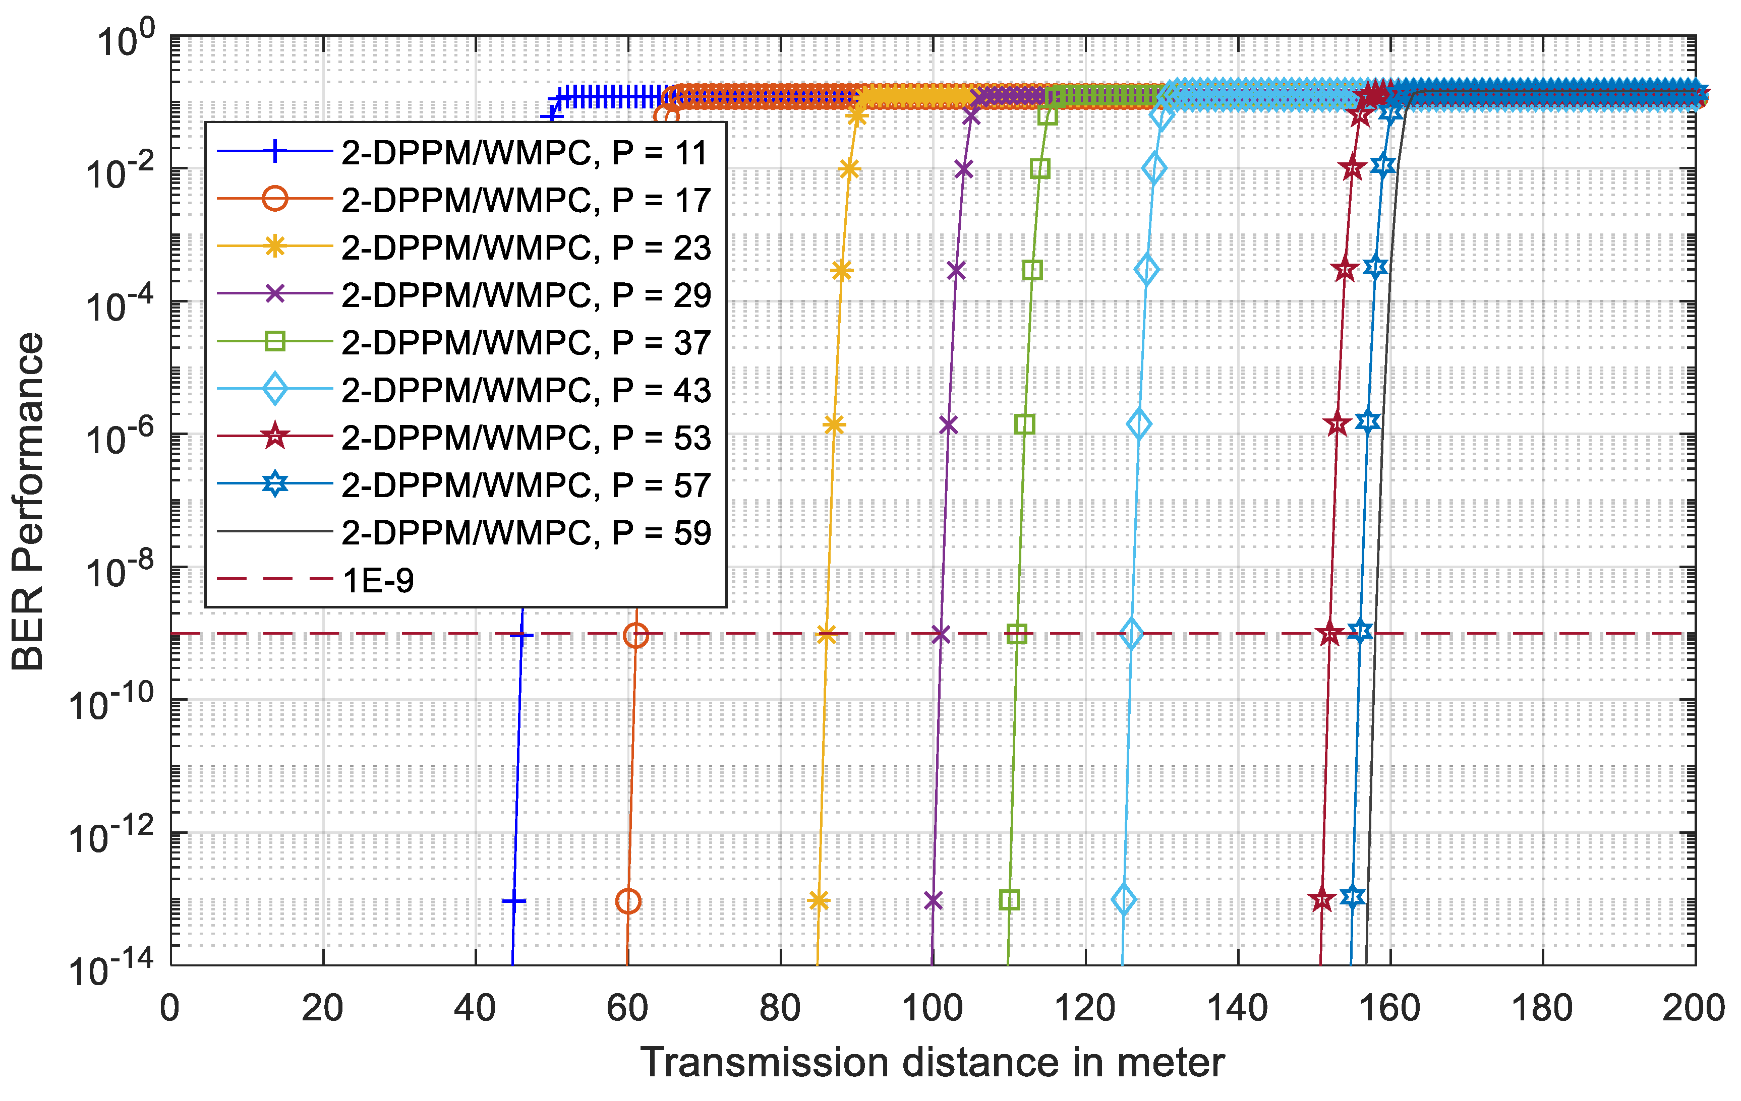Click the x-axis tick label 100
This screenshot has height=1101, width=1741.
(x=932, y=1008)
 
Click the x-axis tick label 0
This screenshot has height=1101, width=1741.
(x=170, y=1008)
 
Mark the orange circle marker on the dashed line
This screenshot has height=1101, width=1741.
(x=635, y=635)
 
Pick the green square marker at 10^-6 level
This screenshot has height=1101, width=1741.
(x=1024, y=424)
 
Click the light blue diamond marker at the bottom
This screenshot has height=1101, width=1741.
(x=1124, y=900)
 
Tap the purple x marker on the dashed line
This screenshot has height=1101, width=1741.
(x=940, y=635)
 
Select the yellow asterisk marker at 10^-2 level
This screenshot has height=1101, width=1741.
(x=849, y=169)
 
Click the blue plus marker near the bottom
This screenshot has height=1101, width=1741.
(x=514, y=901)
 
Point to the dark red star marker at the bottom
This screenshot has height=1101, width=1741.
(x=1322, y=900)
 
